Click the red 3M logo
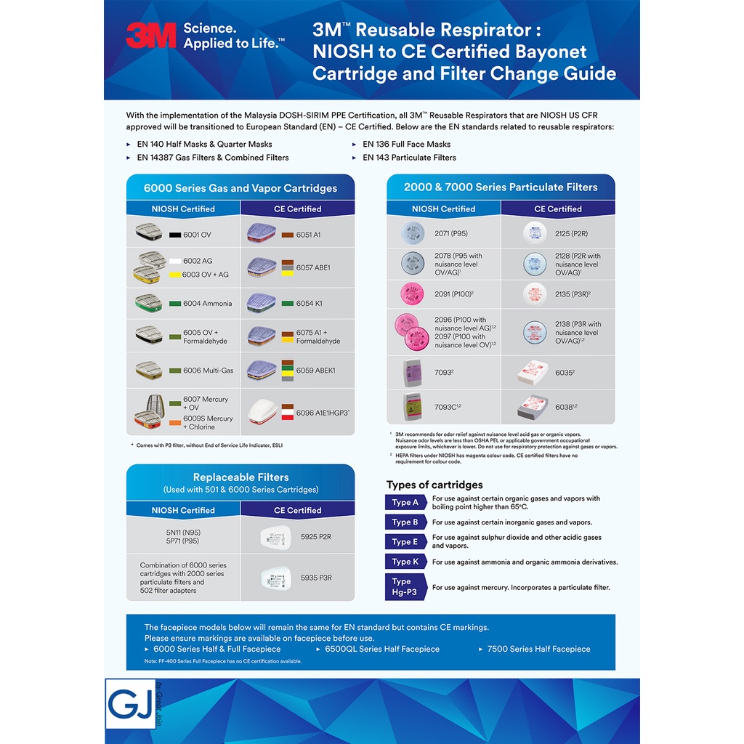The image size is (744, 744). point(151,35)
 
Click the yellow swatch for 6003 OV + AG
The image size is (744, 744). point(175,275)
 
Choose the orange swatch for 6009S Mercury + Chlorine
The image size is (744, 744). point(175,422)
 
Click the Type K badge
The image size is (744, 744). point(405,562)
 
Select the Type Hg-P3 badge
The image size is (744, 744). point(405,586)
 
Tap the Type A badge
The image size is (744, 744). point(405,503)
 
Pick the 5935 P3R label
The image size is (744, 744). point(316,578)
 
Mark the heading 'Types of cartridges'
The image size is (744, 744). point(434,485)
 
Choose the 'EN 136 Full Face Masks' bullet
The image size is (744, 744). point(406,144)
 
